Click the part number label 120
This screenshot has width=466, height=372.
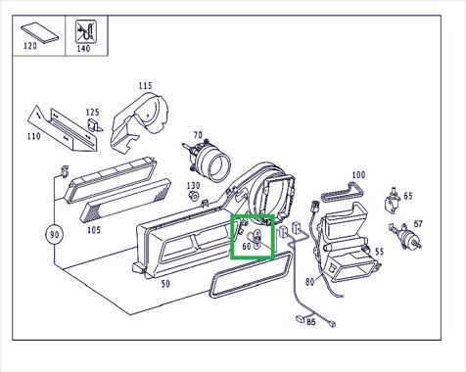(x=30, y=46)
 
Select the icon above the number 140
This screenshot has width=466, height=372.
(x=86, y=31)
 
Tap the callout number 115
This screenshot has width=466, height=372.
(x=145, y=86)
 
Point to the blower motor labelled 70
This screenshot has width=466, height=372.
(x=207, y=160)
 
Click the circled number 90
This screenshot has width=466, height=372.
(x=54, y=234)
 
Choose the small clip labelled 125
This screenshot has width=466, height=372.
(x=95, y=125)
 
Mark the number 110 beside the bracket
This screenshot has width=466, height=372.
(x=34, y=136)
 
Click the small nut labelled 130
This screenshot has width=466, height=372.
(x=194, y=197)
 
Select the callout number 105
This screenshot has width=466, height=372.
(x=94, y=230)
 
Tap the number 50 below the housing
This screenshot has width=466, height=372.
(x=165, y=284)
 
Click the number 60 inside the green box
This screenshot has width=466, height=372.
(x=247, y=247)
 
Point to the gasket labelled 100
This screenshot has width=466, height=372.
(x=342, y=192)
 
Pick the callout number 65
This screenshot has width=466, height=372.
(x=408, y=196)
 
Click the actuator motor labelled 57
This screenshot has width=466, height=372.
(x=405, y=236)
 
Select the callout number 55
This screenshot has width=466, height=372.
(x=379, y=252)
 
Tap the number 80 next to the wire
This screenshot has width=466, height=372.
(x=310, y=281)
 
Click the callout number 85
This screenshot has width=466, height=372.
(x=311, y=322)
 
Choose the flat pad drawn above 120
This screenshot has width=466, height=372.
(x=40, y=32)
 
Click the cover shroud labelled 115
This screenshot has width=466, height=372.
(x=139, y=123)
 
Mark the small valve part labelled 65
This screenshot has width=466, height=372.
(x=393, y=201)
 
